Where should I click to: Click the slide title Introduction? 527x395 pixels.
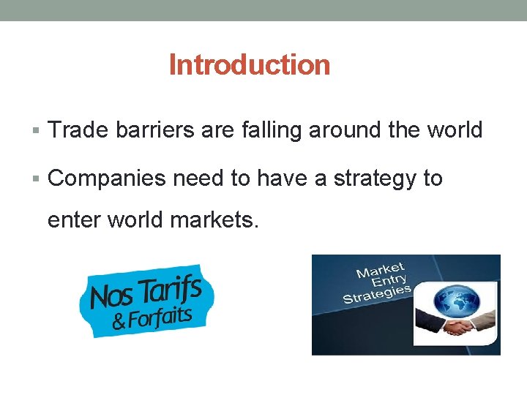(x=250, y=65)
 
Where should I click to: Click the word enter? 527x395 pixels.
(x=75, y=219)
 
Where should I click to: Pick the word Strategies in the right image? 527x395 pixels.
(x=376, y=295)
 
